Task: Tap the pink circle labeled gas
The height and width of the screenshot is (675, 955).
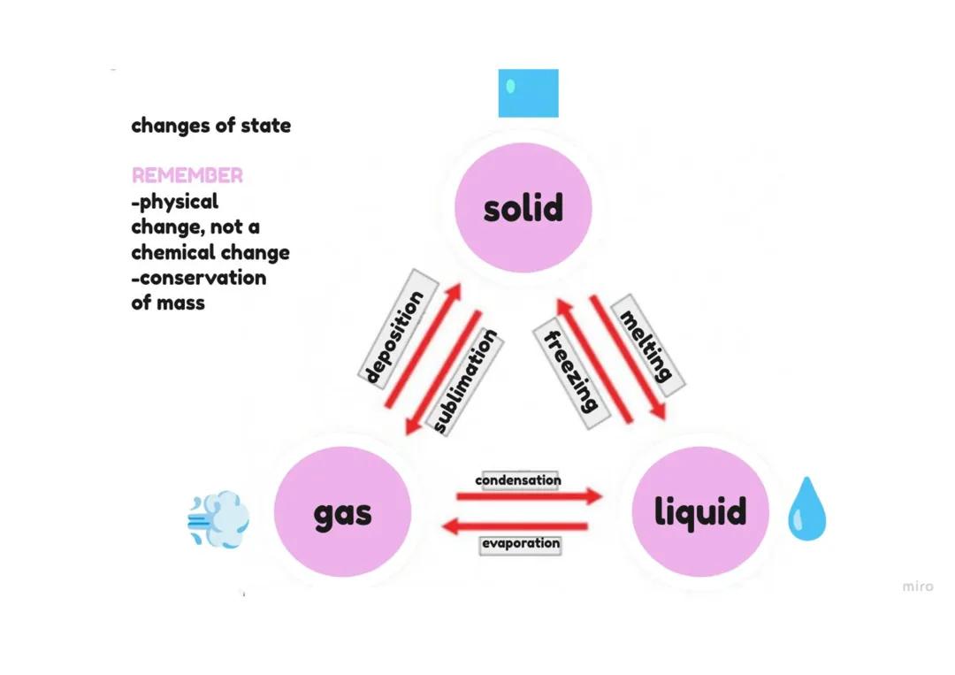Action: pyautogui.click(x=342, y=512)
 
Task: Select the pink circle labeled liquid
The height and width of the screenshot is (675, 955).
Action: pyautogui.click(x=699, y=511)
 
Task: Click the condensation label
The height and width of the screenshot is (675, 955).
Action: pyautogui.click(x=518, y=480)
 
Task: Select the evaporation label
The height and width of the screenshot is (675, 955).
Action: pyautogui.click(x=521, y=543)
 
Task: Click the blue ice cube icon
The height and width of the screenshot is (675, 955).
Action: pyautogui.click(x=528, y=93)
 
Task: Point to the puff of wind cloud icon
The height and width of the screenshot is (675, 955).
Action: pyautogui.click(x=218, y=519)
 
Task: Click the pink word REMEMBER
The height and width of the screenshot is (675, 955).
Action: pyautogui.click(x=187, y=175)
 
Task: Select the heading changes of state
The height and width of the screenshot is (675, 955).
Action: pyautogui.click(x=210, y=126)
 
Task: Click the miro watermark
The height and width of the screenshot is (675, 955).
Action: pyautogui.click(x=917, y=586)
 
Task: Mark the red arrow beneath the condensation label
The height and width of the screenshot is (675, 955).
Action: pyautogui.click(x=529, y=496)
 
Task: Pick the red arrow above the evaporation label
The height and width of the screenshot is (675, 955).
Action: pyautogui.click(x=514, y=526)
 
